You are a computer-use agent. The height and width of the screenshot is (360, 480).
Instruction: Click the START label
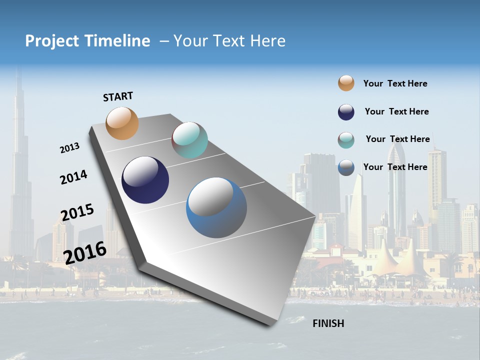pyautogui.click(x=118, y=96)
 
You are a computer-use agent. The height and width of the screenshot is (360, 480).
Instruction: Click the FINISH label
pyautogui.click(x=328, y=323)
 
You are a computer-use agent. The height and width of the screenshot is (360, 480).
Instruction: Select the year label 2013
pyautogui.click(x=69, y=148)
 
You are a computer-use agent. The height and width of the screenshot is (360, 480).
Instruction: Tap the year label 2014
pyautogui.click(x=73, y=177)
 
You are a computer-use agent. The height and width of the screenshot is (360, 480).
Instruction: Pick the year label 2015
pyautogui.click(x=77, y=212)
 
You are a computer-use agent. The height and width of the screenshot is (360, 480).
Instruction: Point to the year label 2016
pyautogui.click(x=85, y=252)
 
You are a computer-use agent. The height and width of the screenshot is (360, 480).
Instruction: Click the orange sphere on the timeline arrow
pyautogui.click(x=122, y=123)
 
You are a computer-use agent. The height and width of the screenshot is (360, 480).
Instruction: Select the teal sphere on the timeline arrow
pyautogui.click(x=189, y=140)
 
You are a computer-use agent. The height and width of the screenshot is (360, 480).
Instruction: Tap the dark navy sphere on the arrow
pyautogui.click(x=145, y=180)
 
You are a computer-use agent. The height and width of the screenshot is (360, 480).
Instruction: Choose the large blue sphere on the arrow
pyautogui.click(x=216, y=207)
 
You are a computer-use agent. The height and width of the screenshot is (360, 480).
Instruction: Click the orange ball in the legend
pyautogui.click(x=346, y=83)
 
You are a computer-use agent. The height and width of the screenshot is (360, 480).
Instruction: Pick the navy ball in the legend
pyautogui.click(x=346, y=112)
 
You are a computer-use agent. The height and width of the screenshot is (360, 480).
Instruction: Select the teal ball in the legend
pyautogui.click(x=346, y=140)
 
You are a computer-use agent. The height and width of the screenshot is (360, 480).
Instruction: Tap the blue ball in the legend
pyautogui.click(x=346, y=167)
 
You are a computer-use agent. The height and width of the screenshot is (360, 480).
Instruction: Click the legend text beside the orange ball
pyautogui.click(x=395, y=83)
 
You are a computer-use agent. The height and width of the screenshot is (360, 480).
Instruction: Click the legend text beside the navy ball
pyautogui.click(x=396, y=111)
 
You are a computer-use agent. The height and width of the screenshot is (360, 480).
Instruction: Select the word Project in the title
pyautogui.click(x=52, y=41)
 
